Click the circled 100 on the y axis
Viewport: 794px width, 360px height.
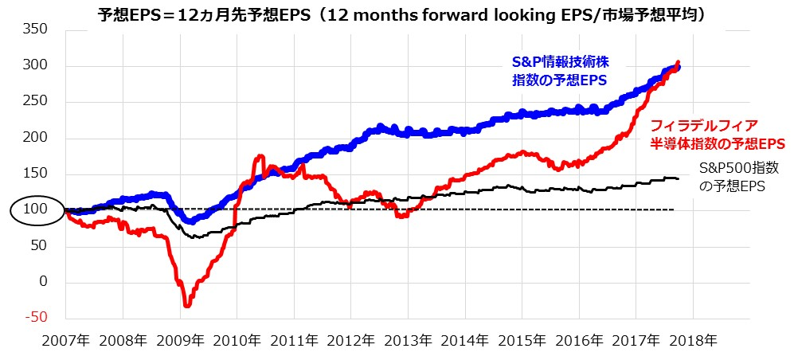(x=37, y=210)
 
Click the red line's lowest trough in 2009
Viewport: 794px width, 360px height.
(x=187, y=305)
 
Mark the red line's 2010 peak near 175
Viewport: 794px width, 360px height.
(x=259, y=157)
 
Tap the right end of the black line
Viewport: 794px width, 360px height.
(x=678, y=179)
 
